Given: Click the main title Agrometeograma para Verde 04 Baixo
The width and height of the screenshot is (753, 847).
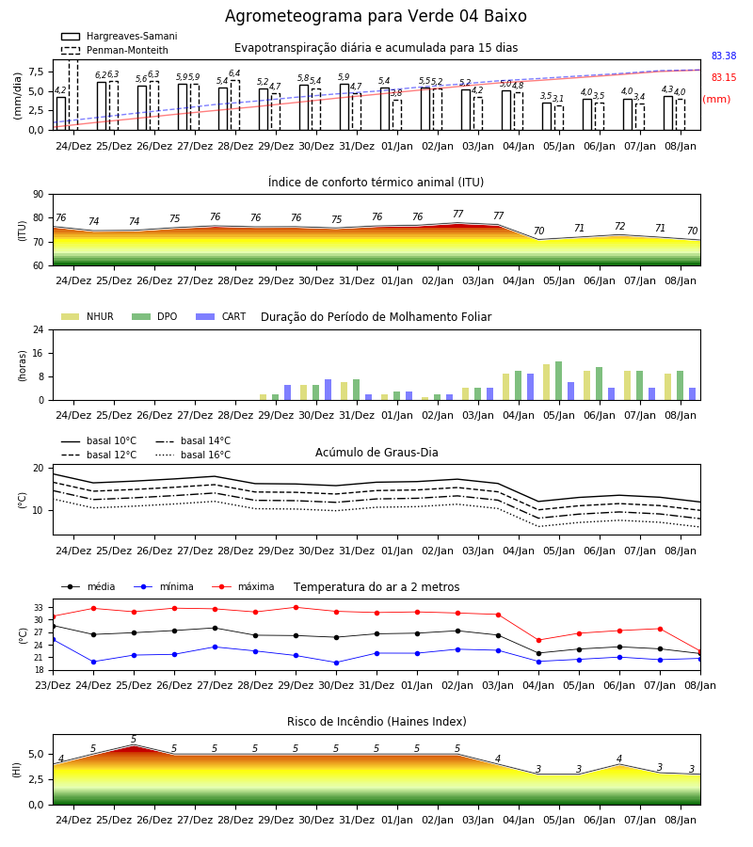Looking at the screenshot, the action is point(376,16).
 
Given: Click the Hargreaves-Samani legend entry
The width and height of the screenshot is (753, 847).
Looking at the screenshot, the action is point(119,36).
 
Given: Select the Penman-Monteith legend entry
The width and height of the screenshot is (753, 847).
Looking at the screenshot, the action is point(115,50).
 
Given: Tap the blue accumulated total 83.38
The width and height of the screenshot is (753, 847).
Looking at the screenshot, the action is point(724,56).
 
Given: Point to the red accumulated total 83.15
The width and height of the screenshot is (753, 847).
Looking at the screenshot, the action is point(724,77).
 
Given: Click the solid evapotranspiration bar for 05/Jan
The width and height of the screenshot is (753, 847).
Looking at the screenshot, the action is point(547,116).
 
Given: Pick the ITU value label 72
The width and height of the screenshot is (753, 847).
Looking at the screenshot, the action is point(619,226).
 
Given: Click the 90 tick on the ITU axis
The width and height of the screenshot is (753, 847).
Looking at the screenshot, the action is point(39,195).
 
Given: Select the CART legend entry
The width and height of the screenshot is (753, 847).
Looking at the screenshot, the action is point(221,316).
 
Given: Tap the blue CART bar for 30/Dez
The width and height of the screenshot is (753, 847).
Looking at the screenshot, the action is point(328,390).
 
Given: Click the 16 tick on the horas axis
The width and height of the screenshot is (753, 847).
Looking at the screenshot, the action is point(39,353).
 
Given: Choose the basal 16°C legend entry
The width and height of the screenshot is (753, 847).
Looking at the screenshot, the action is point(193,455).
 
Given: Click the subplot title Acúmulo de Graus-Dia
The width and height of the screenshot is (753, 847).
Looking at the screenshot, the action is point(376,453).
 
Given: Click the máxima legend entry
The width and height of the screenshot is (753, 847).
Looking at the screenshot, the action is point(243,586).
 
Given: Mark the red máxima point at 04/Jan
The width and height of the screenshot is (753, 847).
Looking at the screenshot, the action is point(538,640).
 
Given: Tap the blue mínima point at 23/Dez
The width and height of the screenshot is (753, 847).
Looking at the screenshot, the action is point(54,640).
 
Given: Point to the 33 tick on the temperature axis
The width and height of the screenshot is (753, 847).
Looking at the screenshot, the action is point(39,608).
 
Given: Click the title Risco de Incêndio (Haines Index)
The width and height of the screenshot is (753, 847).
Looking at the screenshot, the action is point(376,722).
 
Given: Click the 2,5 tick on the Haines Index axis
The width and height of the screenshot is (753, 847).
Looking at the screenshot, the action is point(37,779).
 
